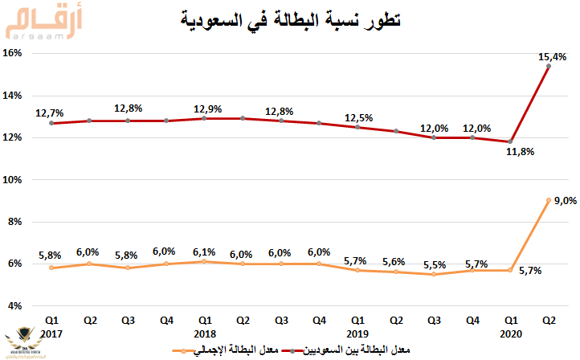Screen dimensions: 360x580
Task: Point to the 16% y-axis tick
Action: [x=20, y=54]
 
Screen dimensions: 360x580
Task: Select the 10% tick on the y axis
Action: [x=20, y=180]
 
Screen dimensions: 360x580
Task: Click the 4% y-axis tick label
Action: [x=22, y=306]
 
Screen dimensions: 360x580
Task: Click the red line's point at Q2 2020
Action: [x=548, y=67]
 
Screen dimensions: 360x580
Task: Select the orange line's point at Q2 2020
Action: [x=548, y=201]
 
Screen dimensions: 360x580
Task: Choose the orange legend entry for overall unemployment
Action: [x=230, y=350]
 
